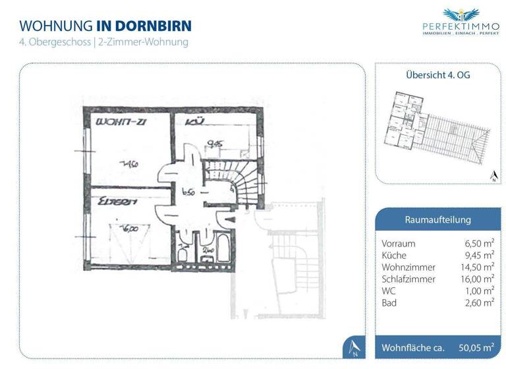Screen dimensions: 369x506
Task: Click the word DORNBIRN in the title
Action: tap(154, 26)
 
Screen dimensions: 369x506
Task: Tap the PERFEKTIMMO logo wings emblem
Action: tap(459, 14)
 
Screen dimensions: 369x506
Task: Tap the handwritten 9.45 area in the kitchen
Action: tap(213, 142)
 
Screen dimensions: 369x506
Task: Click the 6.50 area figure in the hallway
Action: tap(186, 192)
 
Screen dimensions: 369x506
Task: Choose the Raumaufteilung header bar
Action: tap(437, 219)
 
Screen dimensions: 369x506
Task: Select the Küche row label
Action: tap(394, 255)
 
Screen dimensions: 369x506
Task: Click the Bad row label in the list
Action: tap(389, 302)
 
